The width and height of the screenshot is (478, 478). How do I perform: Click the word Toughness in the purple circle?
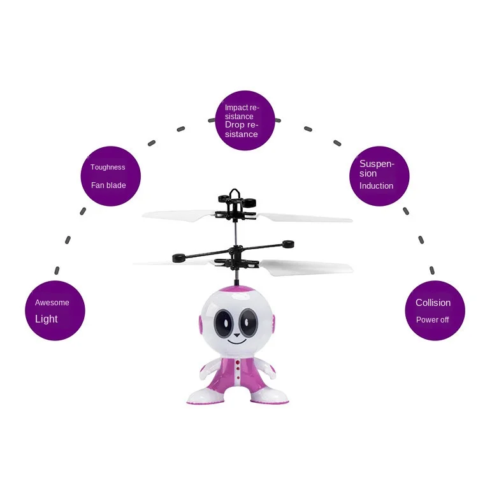(108, 168)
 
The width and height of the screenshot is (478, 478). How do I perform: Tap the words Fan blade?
(108, 185)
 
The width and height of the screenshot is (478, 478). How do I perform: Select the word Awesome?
(52, 303)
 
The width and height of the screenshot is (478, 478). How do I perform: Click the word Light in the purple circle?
(47, 319)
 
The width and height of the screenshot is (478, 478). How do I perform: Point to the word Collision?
(433, 303)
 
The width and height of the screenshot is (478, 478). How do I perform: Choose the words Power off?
(433, 320)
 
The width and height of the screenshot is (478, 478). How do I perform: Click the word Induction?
(376, 186)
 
